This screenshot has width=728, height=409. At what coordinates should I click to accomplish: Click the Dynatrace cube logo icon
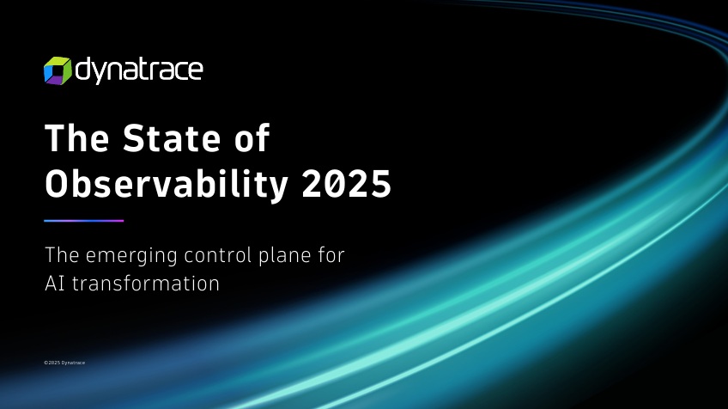58,71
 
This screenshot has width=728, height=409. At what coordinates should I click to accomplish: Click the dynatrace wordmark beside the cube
139,71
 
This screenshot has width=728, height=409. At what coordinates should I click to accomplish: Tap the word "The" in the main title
77,138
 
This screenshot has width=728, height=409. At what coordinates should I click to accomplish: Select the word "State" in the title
172,138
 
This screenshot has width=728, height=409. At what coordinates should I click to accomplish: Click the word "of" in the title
252,137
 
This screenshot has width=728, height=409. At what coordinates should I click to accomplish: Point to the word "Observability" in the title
167,184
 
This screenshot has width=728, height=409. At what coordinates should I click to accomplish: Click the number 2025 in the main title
346,184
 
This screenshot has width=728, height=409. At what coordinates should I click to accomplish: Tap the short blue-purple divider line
84,221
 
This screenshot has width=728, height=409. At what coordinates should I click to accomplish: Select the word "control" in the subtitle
218,255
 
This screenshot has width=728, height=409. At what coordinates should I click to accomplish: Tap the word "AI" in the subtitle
55,284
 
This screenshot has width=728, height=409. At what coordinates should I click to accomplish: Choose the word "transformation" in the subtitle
146,284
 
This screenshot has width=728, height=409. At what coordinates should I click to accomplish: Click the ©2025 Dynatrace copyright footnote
64,363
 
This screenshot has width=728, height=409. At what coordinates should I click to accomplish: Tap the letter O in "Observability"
58,184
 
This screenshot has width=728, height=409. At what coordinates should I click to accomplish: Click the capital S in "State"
134,138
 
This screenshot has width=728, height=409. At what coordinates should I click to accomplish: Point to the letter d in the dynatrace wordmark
83,70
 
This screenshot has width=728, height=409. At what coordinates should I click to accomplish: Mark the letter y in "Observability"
277,189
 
